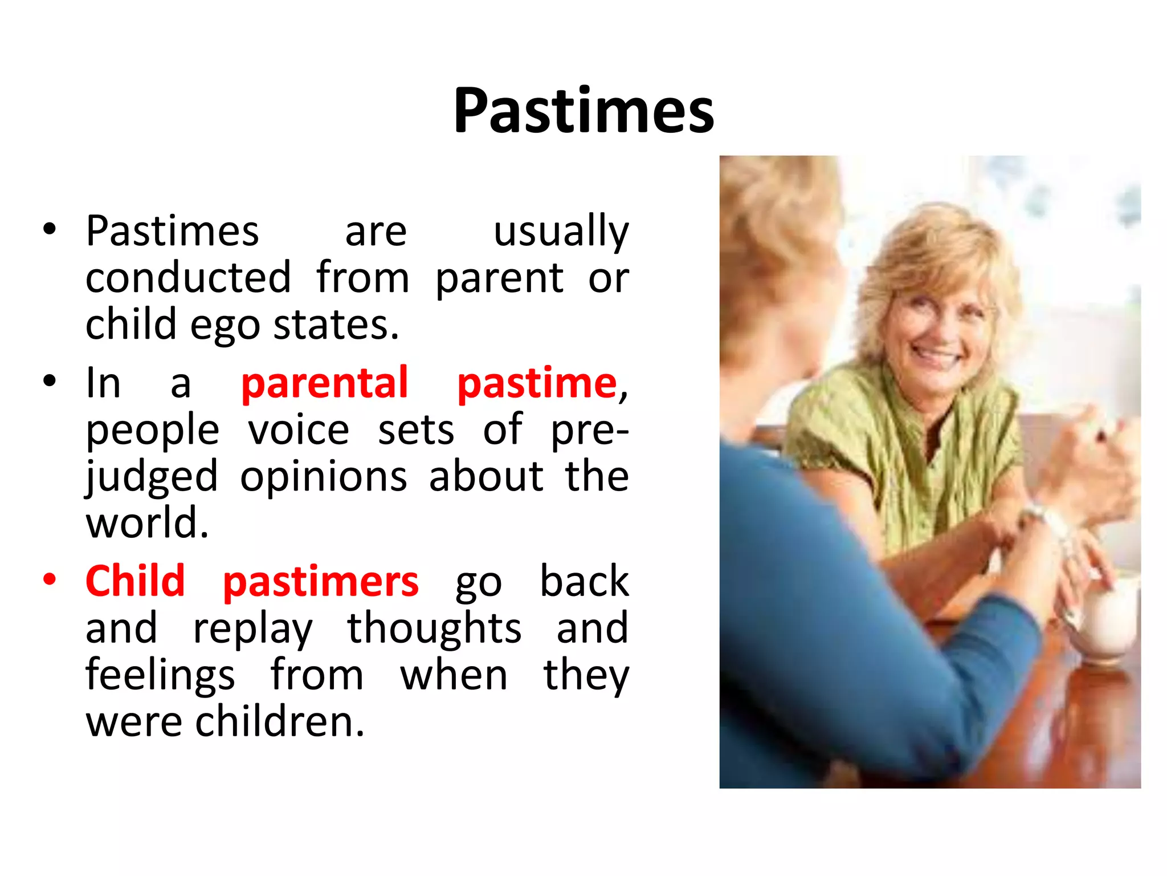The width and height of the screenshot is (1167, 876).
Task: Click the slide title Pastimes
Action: click(583, 111)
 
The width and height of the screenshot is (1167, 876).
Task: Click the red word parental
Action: click(324, 383)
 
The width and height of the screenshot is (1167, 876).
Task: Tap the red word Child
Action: click(135, 581)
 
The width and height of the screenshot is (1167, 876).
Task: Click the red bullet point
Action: click(50, 579)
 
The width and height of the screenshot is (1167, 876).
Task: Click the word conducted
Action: click(188, 278)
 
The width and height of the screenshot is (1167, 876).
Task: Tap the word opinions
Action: click(323, 477)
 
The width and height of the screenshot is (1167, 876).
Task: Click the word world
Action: click(146, 522)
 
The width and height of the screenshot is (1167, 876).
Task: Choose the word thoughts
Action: click(434, 628)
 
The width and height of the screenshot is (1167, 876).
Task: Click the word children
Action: click(279, 722)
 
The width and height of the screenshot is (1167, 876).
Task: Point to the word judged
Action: click(152, 477)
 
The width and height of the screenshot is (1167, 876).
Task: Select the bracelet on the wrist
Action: click(1051, 522)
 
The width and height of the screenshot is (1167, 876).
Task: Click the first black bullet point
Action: click(50, 229)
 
